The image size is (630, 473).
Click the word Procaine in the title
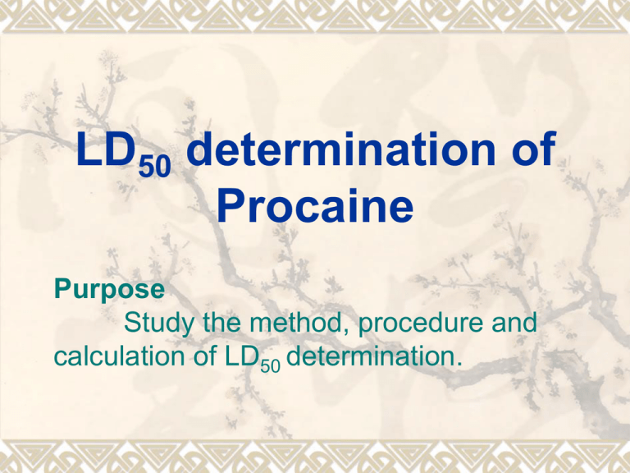click(x=315, y=205)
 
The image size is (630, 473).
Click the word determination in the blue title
click(x=340, y=149)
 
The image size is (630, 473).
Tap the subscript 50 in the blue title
click(x=155, y=165)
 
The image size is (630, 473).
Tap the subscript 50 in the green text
click(x=270, y=365)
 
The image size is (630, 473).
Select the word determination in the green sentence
click(x=371, y=356)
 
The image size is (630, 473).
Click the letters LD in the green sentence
click(x=242, y=356)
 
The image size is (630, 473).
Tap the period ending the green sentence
click(x=459, y=365)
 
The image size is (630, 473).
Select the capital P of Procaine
click(x=231, y=205)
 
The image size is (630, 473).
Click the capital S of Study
click(x=132, y=322)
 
